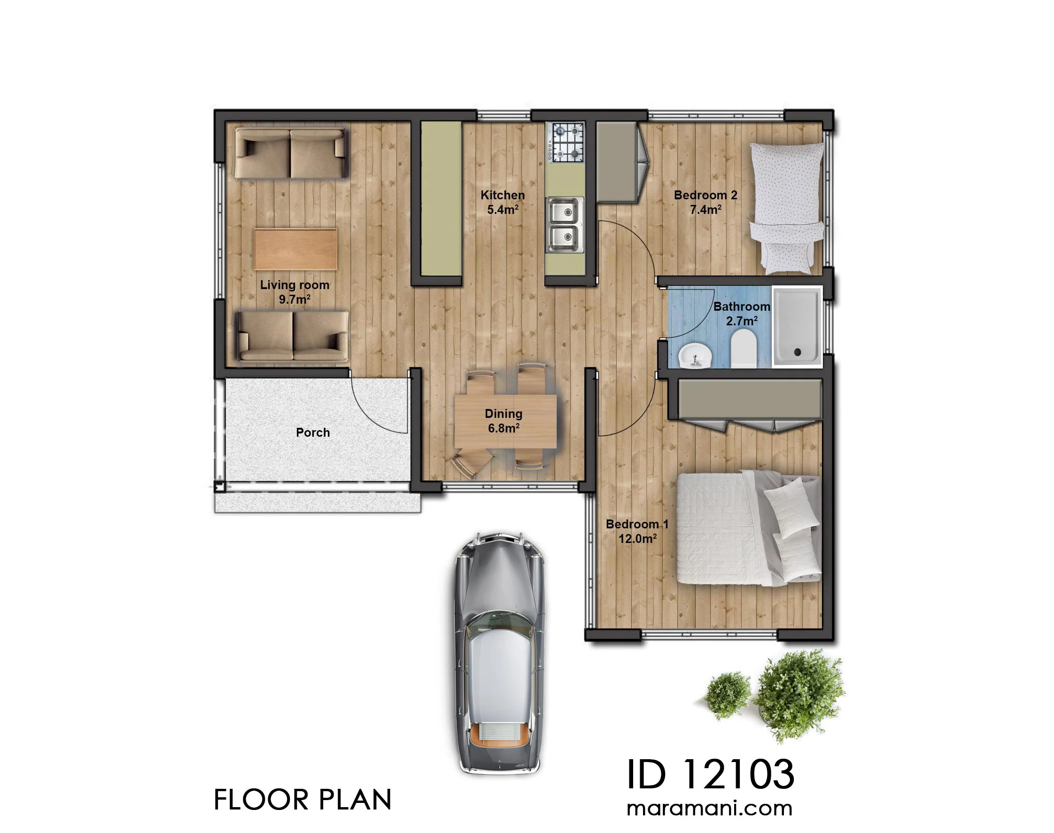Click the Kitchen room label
(503, 195)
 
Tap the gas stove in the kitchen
(565, 143)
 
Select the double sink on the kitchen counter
(564, 225)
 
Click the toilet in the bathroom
(744, 348)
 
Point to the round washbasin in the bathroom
(695, 355)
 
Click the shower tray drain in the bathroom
(798, 352)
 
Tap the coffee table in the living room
(295, 249)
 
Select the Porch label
(313, 432)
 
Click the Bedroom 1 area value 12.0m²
(637, 538)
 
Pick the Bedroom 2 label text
(705, 195)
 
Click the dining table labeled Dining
(505, 421)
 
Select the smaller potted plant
(728, 695)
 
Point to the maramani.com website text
(709, 808)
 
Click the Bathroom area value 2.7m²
(741, 321)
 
